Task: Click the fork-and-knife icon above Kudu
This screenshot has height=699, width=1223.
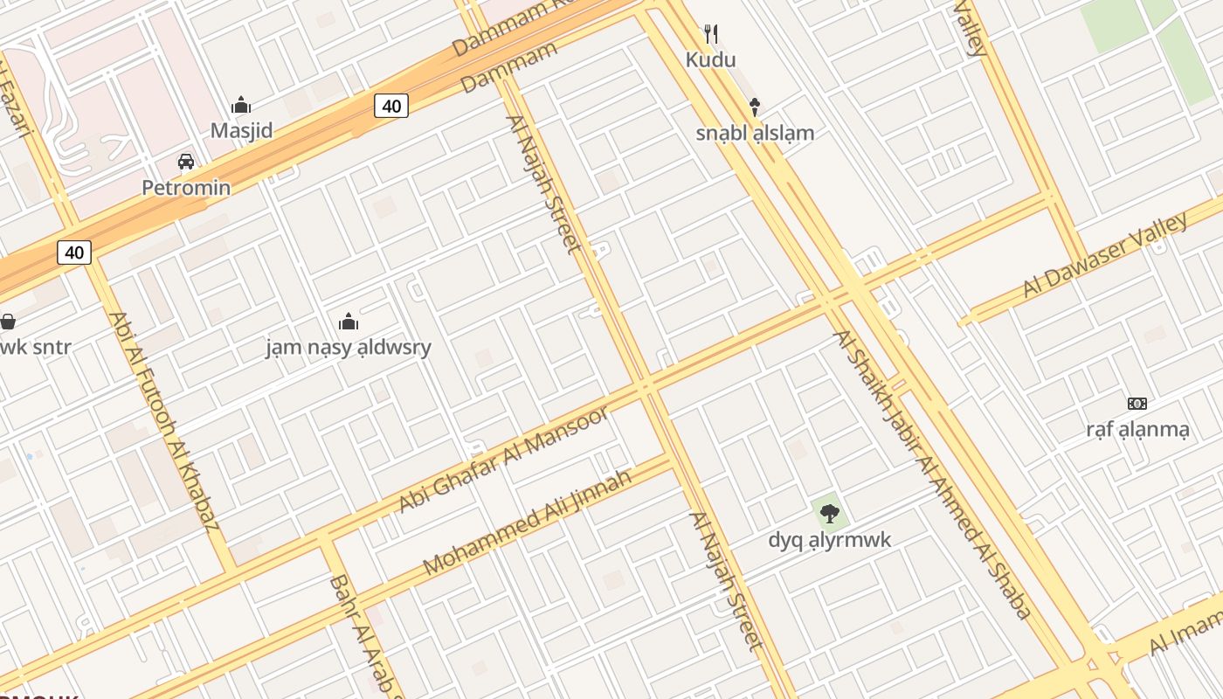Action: point(711,34)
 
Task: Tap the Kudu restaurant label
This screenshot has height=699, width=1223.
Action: point(710,59)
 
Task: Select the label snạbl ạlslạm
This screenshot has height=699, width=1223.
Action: point(755,133)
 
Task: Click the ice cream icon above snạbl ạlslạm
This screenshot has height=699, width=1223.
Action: point(755,107)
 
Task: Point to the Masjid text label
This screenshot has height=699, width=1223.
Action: point(242,131)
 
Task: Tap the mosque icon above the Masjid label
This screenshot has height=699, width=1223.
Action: point(241,106)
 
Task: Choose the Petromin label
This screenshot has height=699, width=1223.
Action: point(187,187)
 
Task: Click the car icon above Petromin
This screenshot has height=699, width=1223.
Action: point(186,162)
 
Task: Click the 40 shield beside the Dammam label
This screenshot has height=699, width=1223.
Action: point(391,107)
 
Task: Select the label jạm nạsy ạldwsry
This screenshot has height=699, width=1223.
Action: point(349,348)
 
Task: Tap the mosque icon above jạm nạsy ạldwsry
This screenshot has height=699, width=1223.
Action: point(349,322)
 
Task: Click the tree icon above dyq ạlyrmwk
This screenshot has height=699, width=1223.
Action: point(830,514)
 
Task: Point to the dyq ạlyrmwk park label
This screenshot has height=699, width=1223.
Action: point(830,539)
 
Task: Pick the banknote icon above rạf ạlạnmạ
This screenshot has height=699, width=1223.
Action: point(1137,404)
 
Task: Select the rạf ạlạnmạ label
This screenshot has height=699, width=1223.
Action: point(1137,429)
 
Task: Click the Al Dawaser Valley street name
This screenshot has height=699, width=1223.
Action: point(1105,254)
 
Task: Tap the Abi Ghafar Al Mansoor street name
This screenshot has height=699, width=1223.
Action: point(503,459)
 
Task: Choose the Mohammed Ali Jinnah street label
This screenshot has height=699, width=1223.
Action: point(527,523)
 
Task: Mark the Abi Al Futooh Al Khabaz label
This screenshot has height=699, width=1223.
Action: point(163,422)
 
